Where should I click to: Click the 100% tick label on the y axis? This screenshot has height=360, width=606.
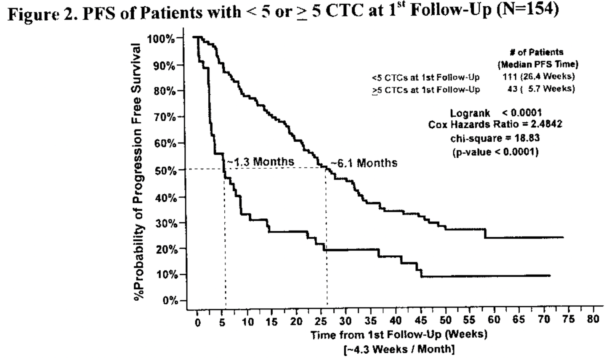160,39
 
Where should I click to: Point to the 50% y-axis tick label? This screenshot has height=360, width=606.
163,170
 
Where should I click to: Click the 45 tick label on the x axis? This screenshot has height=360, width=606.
420,320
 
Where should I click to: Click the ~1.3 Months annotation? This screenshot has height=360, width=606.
260,161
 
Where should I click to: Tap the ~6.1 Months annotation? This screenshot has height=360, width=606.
363,163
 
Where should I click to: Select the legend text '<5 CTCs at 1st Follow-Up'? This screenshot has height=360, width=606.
425,77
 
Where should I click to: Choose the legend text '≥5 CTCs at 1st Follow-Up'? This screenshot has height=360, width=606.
425,90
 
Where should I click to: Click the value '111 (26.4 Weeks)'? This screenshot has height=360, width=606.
539,77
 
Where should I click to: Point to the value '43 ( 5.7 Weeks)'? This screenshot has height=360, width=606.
541,89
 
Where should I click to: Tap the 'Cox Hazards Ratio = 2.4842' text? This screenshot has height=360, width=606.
495,125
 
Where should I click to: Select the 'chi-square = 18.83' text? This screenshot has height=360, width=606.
495,138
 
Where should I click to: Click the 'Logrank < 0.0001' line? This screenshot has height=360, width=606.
496,113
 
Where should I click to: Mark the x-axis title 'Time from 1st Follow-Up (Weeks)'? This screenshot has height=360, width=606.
399,335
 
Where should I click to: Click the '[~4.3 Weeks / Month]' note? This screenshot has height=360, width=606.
399,349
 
